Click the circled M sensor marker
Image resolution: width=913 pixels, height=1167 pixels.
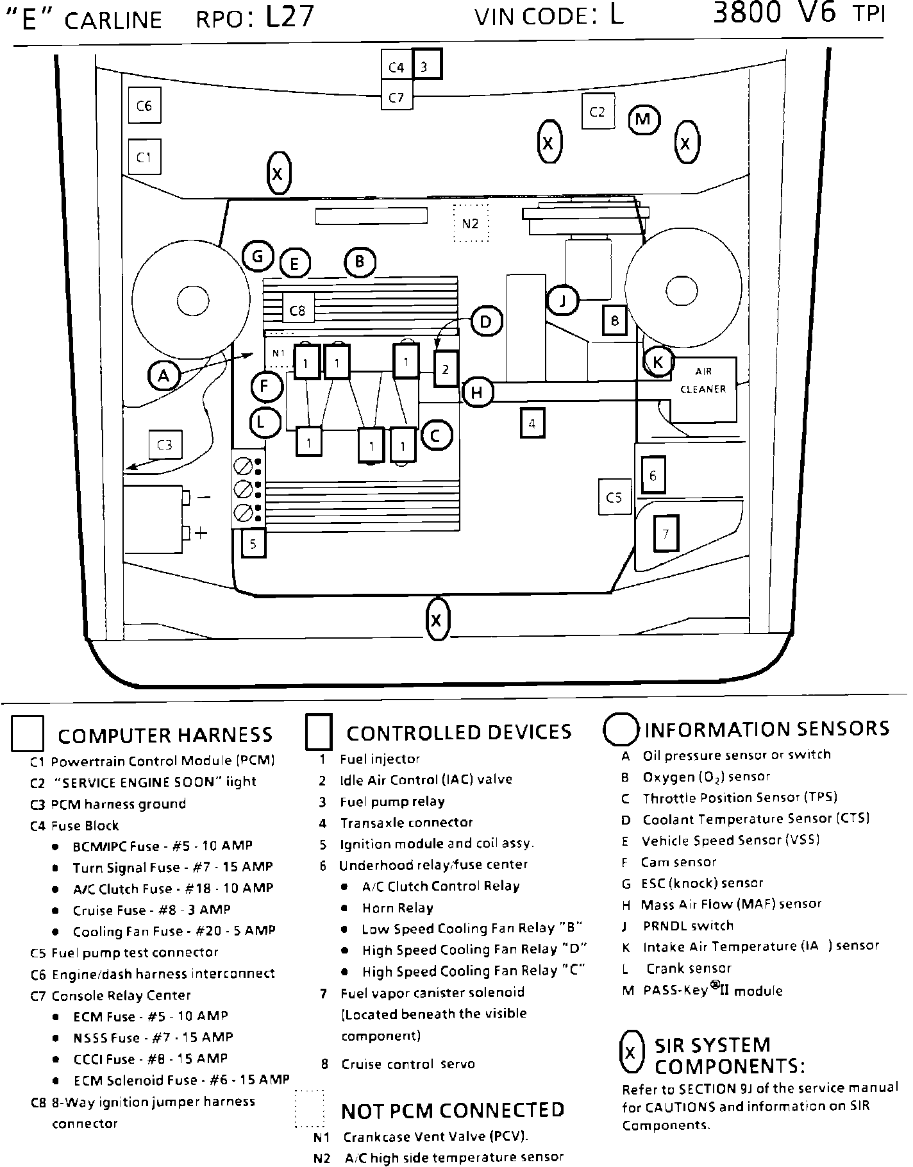tap(644, 119)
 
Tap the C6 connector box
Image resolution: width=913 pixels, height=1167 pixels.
tap(144, 105)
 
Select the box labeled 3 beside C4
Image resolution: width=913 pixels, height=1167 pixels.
tap(427, 65)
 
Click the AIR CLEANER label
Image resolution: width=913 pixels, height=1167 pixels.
tap(703, 380)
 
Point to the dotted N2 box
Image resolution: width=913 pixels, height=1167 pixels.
tap(471, 223)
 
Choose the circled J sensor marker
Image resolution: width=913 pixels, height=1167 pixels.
tap(563, 300)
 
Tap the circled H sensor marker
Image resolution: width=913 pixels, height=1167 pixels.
tap(476, 392)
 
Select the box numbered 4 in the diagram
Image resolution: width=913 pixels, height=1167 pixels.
tap(532, 423)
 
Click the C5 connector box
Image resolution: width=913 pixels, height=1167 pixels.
tap(614, 497)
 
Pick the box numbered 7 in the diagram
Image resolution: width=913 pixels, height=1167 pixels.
tap(666, 533)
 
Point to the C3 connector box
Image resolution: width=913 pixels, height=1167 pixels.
tap(165, 444)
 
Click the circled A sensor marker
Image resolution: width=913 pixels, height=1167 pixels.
tap(164, 376)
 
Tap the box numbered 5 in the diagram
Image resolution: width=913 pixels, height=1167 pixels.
tap(253, 544)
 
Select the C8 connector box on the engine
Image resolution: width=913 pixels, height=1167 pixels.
tap(297, 310)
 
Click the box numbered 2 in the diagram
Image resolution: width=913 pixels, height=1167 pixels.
tap(446, 369)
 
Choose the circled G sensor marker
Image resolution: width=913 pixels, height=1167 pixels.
tap(258, 257)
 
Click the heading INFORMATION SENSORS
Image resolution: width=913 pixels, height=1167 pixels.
tap(767, 730)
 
